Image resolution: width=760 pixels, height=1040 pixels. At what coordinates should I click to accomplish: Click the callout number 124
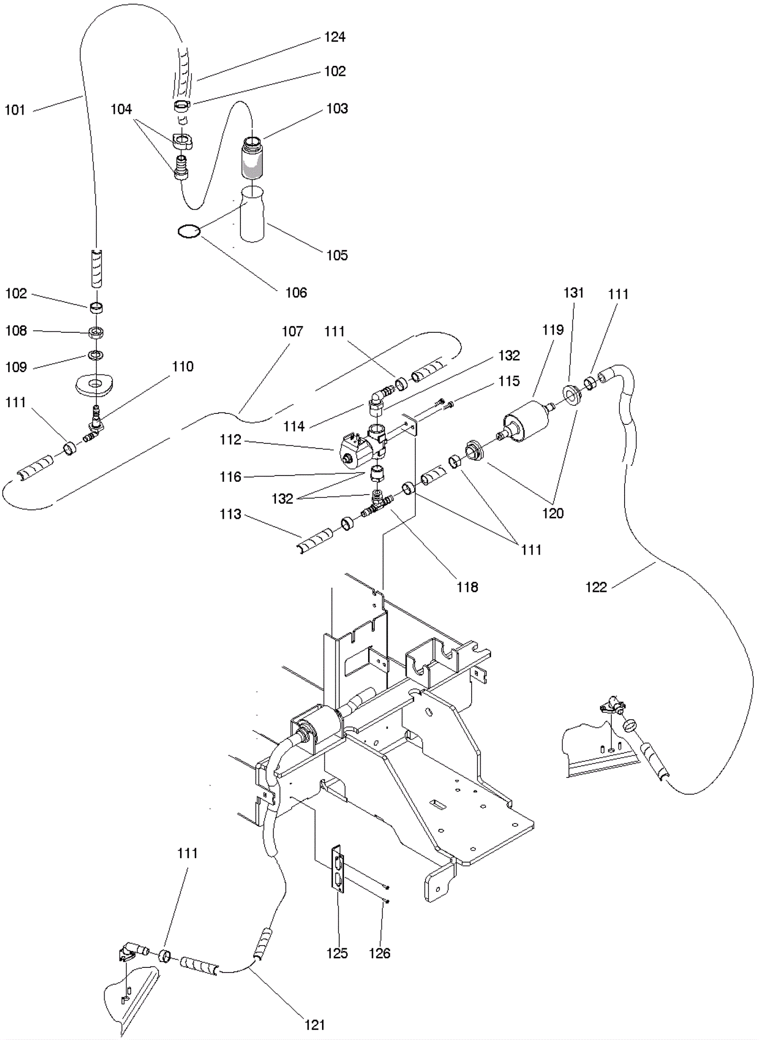click(x=334, y=37)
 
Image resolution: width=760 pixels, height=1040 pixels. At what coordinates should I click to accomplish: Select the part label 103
click(x=337, y=109)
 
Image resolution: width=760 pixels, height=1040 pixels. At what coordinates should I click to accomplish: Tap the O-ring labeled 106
click(x=189, y=232)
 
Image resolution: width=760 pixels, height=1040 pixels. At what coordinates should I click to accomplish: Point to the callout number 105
click(x=337, y=255)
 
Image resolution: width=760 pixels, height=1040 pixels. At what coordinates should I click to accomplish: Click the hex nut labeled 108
click(x=96, y=332)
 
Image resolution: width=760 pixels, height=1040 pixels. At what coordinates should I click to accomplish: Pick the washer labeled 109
click(x=95, y=355)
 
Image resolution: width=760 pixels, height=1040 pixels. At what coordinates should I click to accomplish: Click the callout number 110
click(x=183, y=366)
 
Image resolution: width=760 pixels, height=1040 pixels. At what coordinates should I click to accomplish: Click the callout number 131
click(x=573, y=293)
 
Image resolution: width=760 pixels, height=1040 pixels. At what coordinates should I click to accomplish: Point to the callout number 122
click(x=596, y=588)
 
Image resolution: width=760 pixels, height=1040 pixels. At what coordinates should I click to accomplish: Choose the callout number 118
click(x=467, y=588)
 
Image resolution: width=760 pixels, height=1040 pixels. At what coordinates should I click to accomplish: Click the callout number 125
click(x=337, y=953)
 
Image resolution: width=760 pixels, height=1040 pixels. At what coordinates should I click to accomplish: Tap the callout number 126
click(x=380, y=953)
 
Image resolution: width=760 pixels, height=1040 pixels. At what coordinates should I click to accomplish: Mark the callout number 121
click(x=314, y=1025)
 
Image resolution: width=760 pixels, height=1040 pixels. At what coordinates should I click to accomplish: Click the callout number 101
click(x=15, y=110)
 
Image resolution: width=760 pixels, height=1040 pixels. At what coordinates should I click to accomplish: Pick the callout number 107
click(x=292, y=331)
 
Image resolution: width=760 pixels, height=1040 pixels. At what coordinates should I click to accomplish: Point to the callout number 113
click(x=230, y=514)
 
